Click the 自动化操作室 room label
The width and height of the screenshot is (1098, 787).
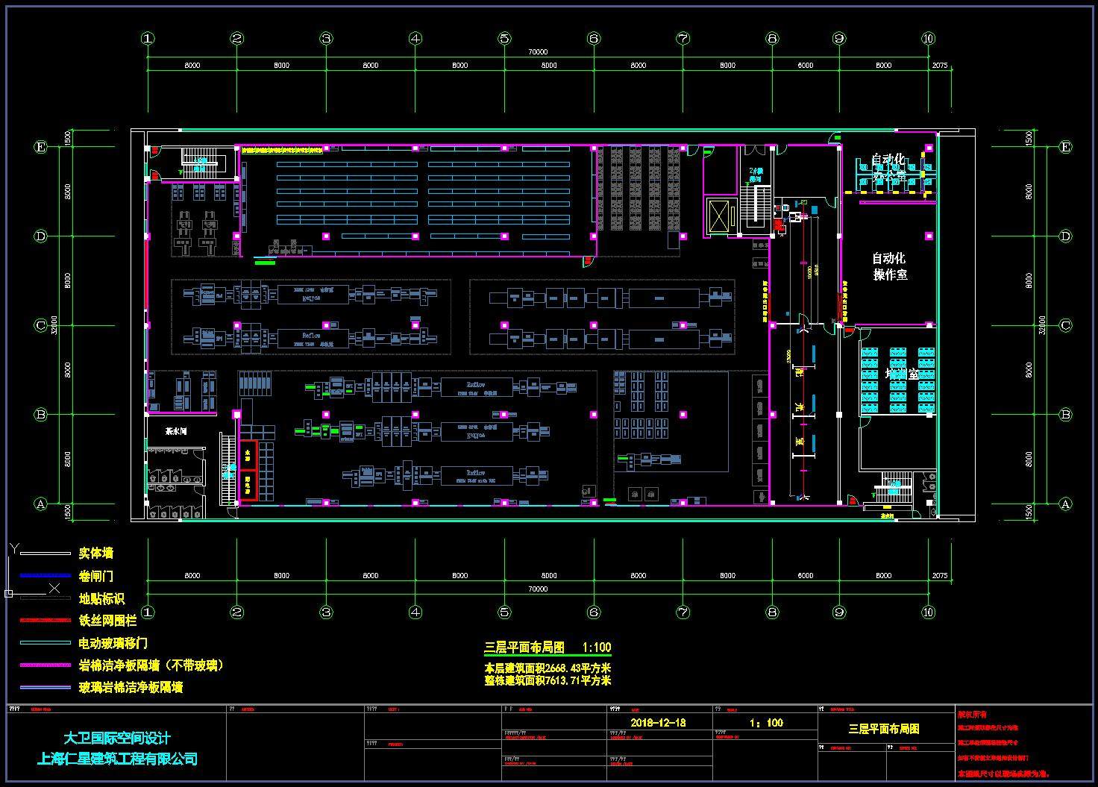point(889,266)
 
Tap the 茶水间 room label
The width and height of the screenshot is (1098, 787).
point(176,431)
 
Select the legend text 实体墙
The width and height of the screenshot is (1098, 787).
point(96,554)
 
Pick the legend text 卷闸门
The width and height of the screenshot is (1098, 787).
point(96,576)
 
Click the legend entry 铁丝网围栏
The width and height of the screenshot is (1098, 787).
point(107,621)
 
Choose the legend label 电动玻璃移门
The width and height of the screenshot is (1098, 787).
point(113,643)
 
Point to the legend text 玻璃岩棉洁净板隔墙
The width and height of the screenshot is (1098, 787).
point(131,687)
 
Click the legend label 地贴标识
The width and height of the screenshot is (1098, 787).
point(101,598)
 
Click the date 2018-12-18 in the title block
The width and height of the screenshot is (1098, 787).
point(658,723)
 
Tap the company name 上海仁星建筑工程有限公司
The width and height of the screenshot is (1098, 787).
point(117,759)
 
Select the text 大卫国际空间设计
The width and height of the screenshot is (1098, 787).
point(117,739)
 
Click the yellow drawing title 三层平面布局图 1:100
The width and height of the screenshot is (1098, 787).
point(548,648)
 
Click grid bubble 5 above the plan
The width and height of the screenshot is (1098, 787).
point(504,38)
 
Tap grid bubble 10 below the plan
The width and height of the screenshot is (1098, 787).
point(928,612)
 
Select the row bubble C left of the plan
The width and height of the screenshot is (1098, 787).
point(42,325)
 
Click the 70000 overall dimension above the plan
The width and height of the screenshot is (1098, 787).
point(537,52)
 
